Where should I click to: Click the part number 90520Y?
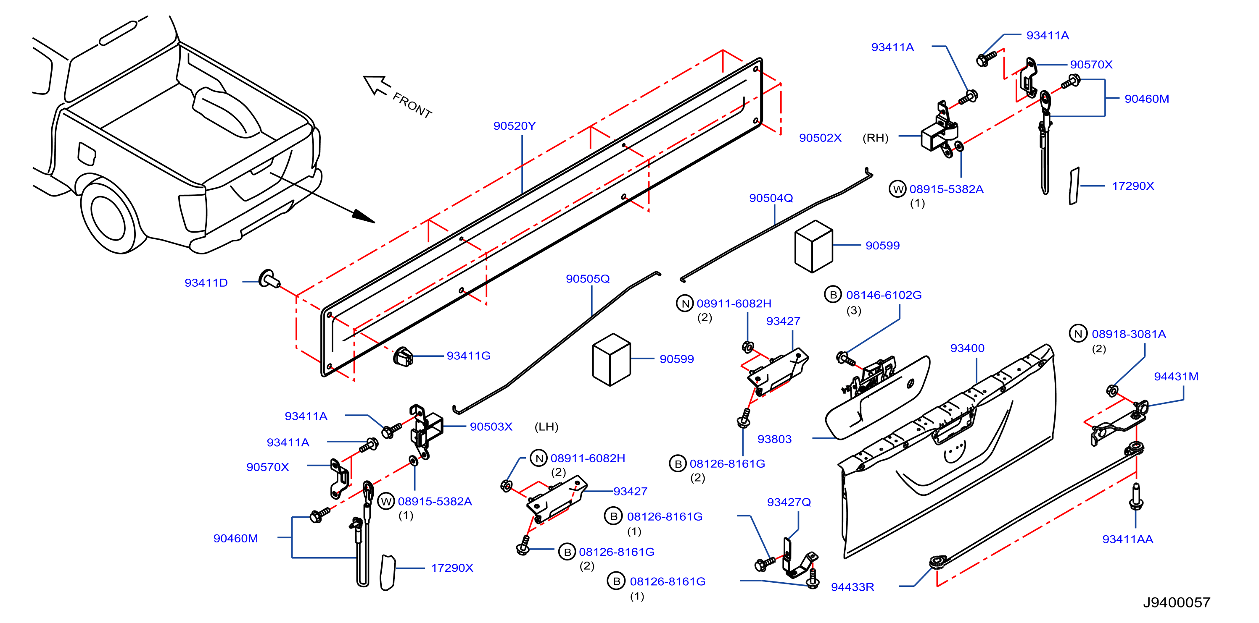pos(514,126)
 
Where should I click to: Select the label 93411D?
pos(206,283)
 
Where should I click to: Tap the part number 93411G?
pos(468,356)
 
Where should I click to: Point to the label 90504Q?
pos(771,198)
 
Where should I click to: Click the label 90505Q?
pos(588,279)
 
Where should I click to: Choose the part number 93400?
pos(967,348)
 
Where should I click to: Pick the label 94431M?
pos(1176,377)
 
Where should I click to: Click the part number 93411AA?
pos(1127,539)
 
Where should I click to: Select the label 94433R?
pos(853,587)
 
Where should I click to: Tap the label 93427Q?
pos(789,502)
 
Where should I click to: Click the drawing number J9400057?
pos(1177,602)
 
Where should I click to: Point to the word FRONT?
pos(412,105)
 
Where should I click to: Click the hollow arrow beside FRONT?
pos(377,84)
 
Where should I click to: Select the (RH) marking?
pos(875,138)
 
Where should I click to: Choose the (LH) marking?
pos(546,427)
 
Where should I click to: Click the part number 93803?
pos(774,439)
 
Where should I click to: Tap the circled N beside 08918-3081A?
pos(1078,334)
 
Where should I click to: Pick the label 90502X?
pos(820,138)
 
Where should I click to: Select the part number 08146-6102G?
pos(884,295)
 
